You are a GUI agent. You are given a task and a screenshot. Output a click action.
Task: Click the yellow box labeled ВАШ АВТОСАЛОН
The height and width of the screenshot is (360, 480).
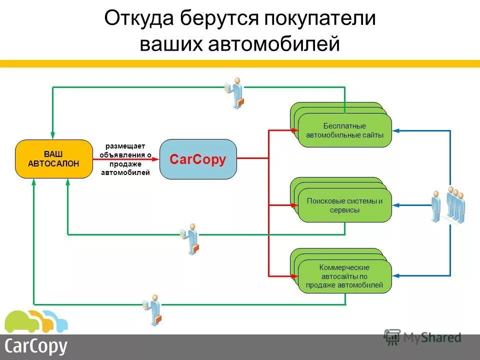tap(54, 159)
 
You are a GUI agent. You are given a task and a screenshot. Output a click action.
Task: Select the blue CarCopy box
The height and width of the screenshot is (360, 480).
tap(198, 159)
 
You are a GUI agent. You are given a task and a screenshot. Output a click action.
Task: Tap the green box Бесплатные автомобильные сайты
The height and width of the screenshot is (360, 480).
tap(344, 130)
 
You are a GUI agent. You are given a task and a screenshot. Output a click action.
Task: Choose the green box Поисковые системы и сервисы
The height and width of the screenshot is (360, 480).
tap(344, 205)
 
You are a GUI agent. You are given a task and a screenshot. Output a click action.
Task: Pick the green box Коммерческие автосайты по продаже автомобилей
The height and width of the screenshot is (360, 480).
tap(344, 276)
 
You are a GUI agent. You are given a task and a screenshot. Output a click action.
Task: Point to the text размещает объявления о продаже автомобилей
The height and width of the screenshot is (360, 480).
tap(125, 159)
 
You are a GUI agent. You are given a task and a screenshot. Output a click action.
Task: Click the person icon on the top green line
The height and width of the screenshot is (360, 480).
tap(235, 92)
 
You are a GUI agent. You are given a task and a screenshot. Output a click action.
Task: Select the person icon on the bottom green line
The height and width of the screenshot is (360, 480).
tap(152, 309)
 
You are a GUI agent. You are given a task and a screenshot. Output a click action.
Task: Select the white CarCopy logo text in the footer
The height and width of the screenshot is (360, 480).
tap(36, 346)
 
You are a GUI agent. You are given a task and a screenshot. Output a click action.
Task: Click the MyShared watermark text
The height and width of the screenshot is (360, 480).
tap(432, 338)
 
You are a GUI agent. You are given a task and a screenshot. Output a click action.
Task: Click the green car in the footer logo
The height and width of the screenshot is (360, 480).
tap(20, 322)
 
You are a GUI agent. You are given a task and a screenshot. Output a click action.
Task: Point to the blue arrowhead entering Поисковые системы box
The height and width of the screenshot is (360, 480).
tap(395, 204)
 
